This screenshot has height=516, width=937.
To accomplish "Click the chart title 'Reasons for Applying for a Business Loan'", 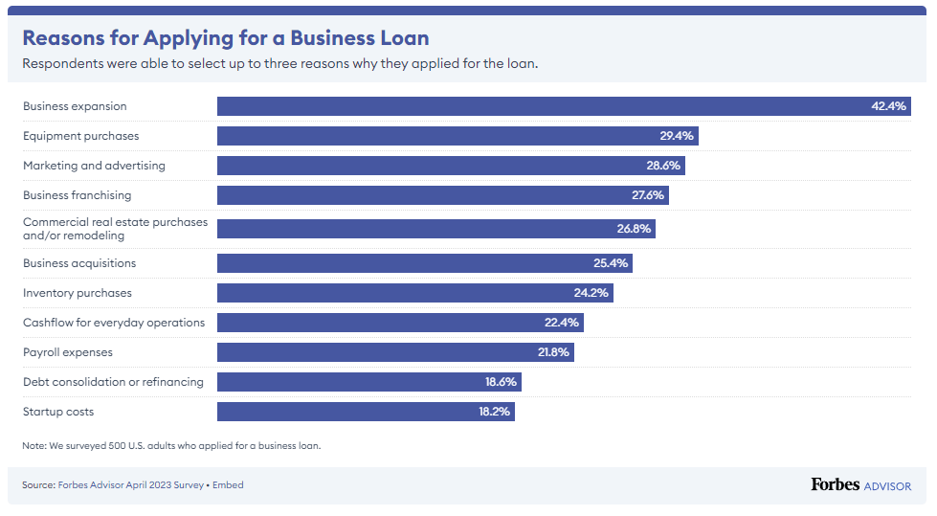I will click(x=225, y=38).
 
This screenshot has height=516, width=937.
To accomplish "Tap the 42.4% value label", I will click(x=887, y=106).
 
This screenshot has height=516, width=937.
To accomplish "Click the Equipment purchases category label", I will click(x=80, y=136).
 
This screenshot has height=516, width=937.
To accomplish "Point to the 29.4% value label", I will click(x=676, y=136).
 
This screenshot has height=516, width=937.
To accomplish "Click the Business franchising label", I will click(x=77, y=195).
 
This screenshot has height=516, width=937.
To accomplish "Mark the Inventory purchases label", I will click(x=77, y=293).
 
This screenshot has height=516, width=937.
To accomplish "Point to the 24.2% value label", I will click(x=591, y=293).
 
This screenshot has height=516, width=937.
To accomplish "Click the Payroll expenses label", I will click(x=67, y=352).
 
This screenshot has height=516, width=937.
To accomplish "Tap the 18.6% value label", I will click(x=501, y=382).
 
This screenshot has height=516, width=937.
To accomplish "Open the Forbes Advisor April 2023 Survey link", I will click(x=130, y=485).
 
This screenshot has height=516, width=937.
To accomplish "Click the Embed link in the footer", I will click(x=228, y=485).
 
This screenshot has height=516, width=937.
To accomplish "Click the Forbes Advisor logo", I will click(x=860, y=485).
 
